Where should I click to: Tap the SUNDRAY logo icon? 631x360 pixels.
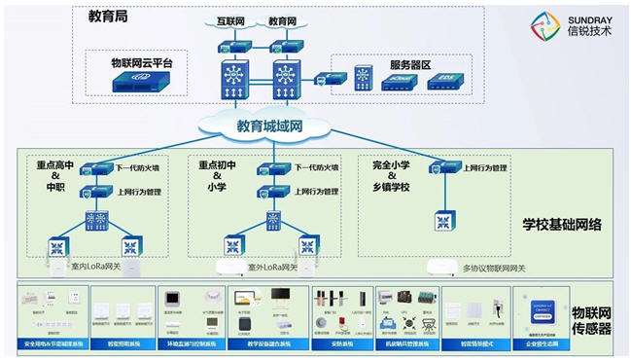click(545, 27)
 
